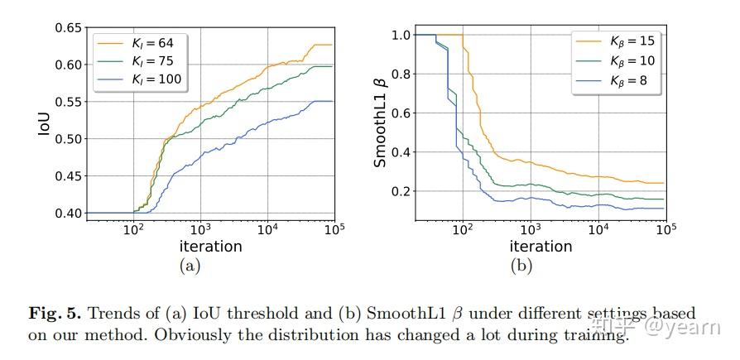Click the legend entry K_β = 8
point(614,79)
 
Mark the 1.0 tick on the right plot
point(401,36)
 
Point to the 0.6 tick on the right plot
point(401,113)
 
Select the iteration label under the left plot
point(210,247)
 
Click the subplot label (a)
point(190,266)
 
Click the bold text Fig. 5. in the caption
point(55,314)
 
